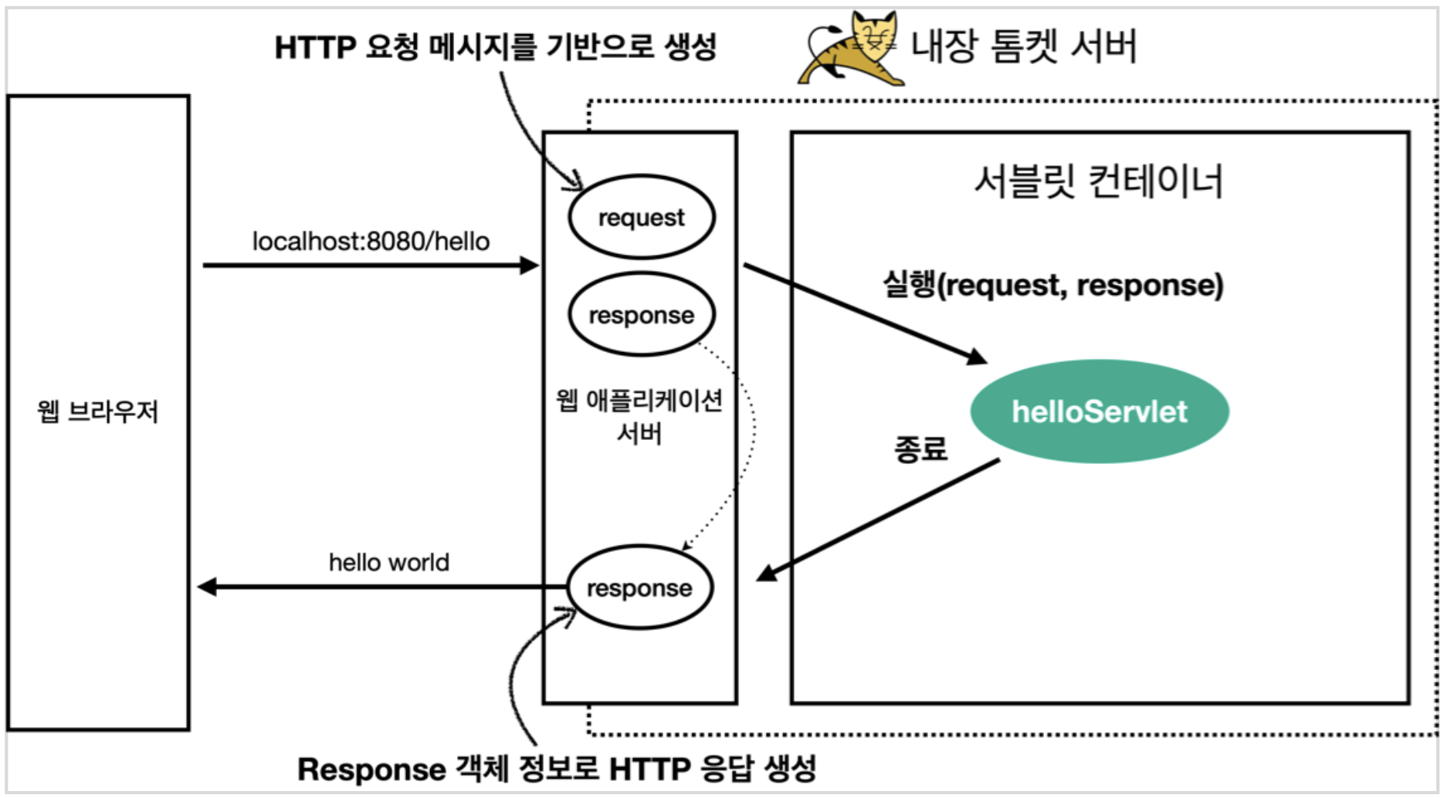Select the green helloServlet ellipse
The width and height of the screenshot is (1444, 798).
(x=1099, y=411)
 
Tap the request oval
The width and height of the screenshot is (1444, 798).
(x=641, y=217)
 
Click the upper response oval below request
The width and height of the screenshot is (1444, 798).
(x=641, y=315)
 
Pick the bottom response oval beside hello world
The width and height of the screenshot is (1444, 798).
(x=639, y=588)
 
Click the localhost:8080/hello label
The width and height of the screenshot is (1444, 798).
(x=371, y=242)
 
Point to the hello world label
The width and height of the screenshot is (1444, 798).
(x=388, y=563)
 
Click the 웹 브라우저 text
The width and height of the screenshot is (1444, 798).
(x=97, y=411)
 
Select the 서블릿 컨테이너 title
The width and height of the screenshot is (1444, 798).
(x=1098, y=182)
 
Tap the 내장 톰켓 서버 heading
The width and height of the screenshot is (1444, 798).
(x=1024, y=46)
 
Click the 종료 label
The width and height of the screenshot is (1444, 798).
(x=920, y=448)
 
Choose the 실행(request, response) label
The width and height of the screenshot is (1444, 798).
(x=1053, y=285)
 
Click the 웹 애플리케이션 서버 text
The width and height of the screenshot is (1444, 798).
(x=639, y=416)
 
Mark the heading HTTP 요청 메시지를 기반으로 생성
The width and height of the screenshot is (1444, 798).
(x=495, y=48)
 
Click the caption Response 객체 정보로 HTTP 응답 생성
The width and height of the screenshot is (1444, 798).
(x=557, y=769)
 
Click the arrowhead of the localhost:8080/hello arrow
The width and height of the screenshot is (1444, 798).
(x=530, y=265)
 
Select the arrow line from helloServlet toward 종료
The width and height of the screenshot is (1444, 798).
(x=880, y=518)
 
